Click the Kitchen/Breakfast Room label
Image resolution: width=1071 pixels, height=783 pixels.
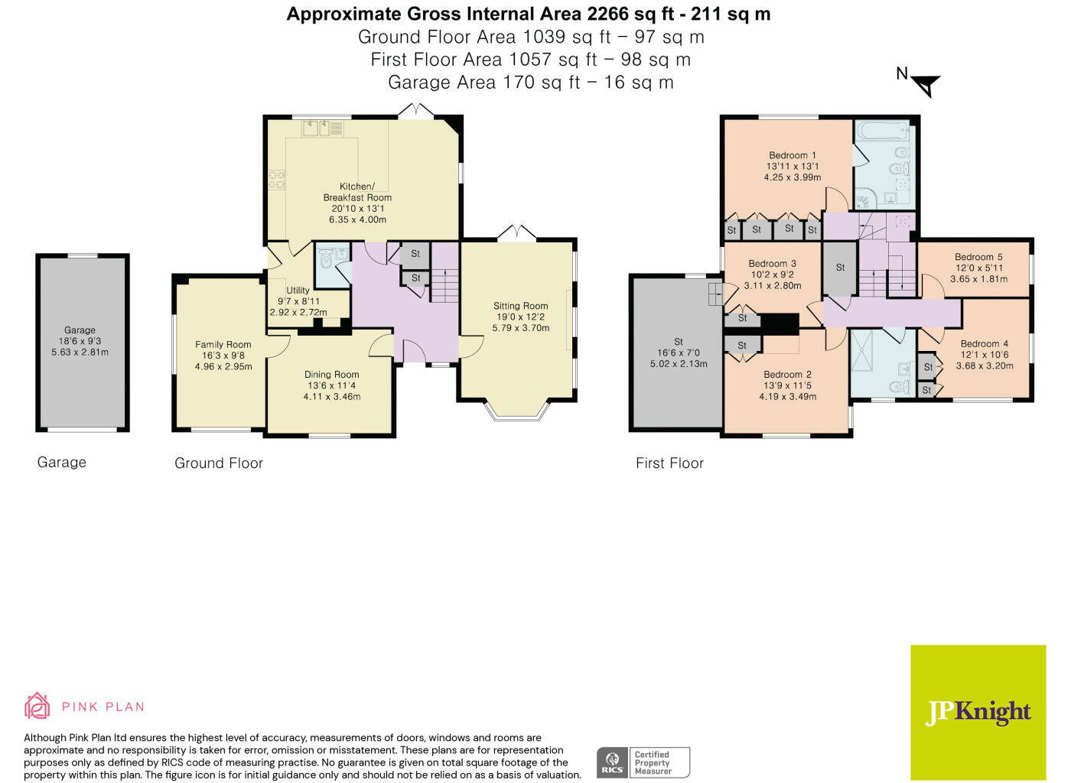pyautogui.click(x=357, y=192)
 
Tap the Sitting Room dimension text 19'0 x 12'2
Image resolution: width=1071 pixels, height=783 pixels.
pyautogui.click(x=520, y=317)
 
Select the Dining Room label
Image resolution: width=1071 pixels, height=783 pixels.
pyautogui.click(x=331, y=374)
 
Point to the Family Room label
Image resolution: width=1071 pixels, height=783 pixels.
pyautogui.click(x=223, y=344)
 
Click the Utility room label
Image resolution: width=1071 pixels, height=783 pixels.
pyautogui.click(x=298, y=290)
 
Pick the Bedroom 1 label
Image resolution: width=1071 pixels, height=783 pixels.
pyautogui.click(x=793, y=155)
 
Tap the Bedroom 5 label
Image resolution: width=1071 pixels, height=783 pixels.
pyautogui.click(x=978, y=257)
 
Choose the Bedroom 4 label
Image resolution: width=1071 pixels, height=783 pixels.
pyautogui.click(x=985, y=343)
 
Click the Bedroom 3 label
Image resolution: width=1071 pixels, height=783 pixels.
pyautogui.click(x=772, y=263)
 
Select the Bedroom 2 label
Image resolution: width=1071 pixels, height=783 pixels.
pyautogui.click(x=787, y=374)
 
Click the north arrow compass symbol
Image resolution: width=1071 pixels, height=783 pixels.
pyautogui.click(x=927, y=85)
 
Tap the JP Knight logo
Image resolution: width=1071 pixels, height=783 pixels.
pyautogui.click(x=978, y=712)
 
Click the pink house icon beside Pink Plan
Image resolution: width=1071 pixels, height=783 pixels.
pyautogui.click(x=37, y=706)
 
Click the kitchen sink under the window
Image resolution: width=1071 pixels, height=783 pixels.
pyautogui.click(x=315, y=128)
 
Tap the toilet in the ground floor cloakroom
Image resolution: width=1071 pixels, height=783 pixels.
pyautogui.click(x=327, y=262)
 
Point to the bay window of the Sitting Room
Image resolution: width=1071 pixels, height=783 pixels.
pyautogui.click(x=516, y=411)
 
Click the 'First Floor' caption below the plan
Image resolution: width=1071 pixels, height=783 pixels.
pyautogui.click(x=669, y=463)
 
